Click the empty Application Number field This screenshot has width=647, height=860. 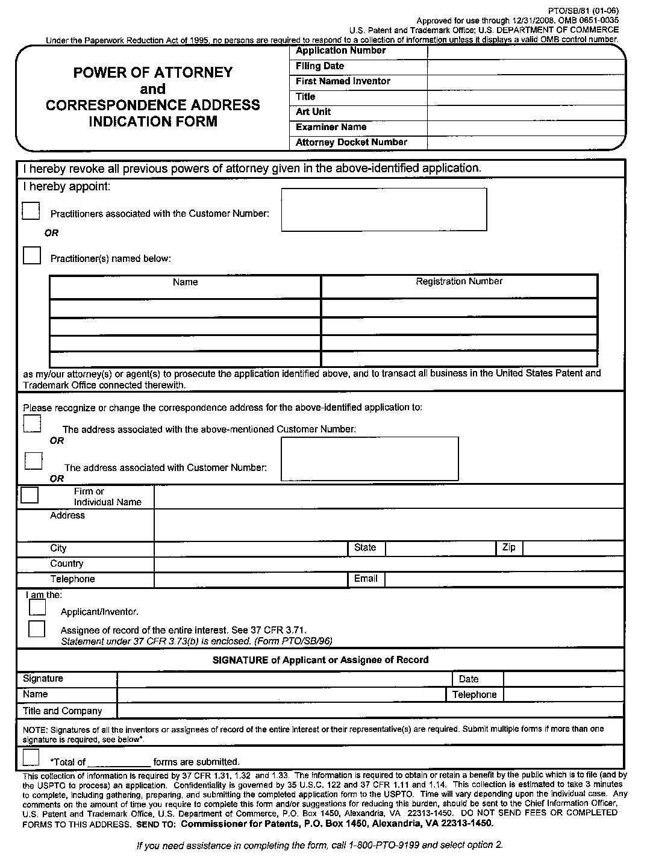pyautogui.click(x=525, y=51)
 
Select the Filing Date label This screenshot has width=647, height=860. pyautogui.click(x=320, y=66)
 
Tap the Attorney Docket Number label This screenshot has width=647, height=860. pyautogui.click(x=351, y=143)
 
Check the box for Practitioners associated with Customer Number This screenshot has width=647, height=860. pyautogui.click(x=31, y=211)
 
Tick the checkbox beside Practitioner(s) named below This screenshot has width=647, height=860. pyautogui.click(x=32, y=255)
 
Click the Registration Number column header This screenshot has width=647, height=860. pyautogui.click(x=458, y=281)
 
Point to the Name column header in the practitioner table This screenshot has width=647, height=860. pyautogui.click(x=185, y=282)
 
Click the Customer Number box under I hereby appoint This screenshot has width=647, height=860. pyautogui.click(x=384, y=210)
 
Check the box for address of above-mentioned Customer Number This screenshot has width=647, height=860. pyautogui.click(x=33, y=423)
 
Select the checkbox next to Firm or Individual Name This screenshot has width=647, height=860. pyautogui.click(x=30, y=495)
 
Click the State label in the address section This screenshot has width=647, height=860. pyautogui.click(x=365, y=547)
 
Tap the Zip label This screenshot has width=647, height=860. pyautogui.click(x=508, y=547)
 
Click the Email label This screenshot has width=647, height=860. pyautogui.click(x=366, y=579)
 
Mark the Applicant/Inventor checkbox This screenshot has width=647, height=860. pyautogui.click(x=37, y=608)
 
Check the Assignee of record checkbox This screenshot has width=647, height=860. pyautogui.click(x=37, y=629)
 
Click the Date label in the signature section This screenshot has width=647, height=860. pyautogui.click(x=469, y=679)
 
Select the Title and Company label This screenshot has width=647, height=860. pyautogui.click(x=63, y=711)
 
